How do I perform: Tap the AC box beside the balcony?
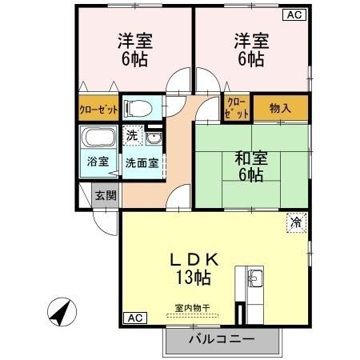(135, 318)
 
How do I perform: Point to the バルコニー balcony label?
(222, 339)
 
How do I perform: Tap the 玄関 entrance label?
(105, 195)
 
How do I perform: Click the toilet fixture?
(141, 107)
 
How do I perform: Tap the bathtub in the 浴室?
(99, 138)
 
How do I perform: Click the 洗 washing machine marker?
(134, 135)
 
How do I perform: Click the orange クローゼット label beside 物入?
(238, 106)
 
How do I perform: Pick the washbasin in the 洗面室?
(153, 138)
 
